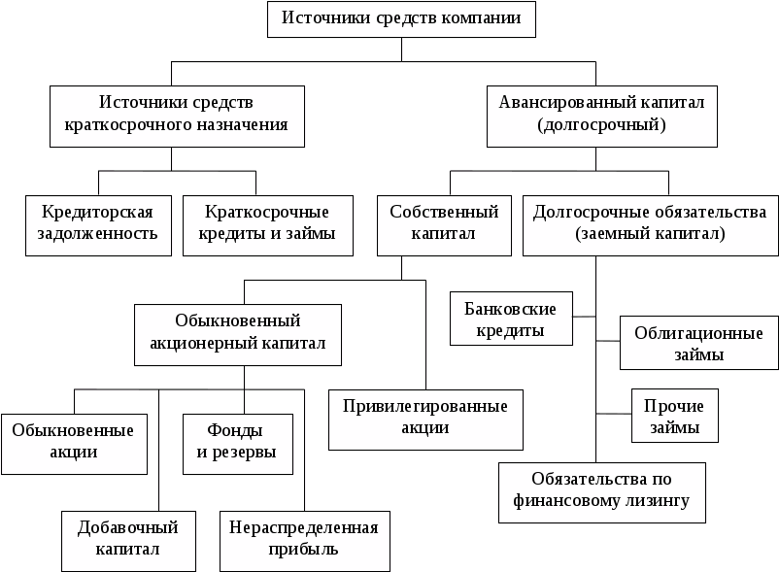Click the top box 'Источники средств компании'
click(401, 18)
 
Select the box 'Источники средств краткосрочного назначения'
click(177, 117)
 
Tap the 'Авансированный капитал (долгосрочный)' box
click(601, 117)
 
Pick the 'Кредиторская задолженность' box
click(98, 225)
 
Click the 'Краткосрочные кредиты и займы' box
click(268, 225)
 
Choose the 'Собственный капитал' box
click(444, 225)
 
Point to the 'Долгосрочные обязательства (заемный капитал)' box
click(651, 225)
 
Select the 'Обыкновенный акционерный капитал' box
click(238, 335)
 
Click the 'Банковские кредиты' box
click(511, 319)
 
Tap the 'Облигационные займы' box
click(699, 343)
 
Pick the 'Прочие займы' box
click(675, 416)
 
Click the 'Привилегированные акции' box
click(425, 420)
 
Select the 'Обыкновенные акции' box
click(74, 444)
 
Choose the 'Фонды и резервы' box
click(238, 444)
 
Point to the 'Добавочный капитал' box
click(128, 541)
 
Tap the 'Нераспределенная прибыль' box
click(305, 541)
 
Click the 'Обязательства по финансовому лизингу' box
click(602, 492)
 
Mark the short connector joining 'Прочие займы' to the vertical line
click(614, 414)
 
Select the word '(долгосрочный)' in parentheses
click(601, 124)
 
